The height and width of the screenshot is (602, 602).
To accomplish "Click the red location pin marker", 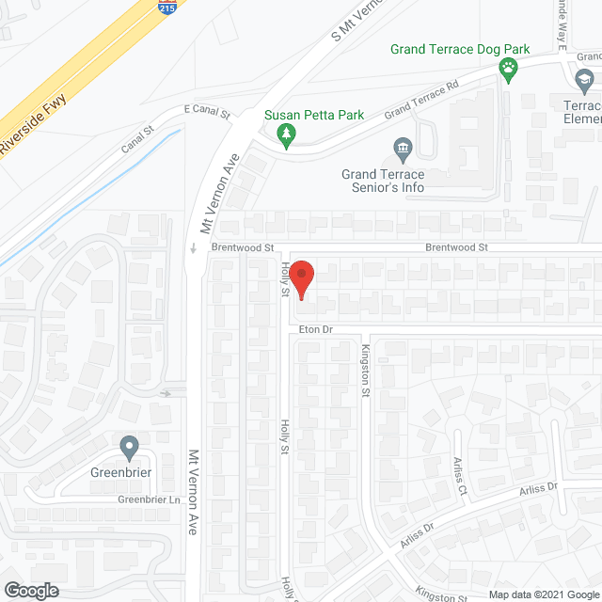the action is tap(301, 278).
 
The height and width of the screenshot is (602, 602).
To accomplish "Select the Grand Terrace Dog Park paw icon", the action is tap(509, 68).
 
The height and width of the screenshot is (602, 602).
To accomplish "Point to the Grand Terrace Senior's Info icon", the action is tap(403, 148).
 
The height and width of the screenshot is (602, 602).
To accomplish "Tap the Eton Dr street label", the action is tap(317, 329).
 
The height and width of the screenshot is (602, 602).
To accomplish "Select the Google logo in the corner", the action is tap(31, 590).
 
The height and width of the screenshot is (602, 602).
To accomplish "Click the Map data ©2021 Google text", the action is tap(543, 594).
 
